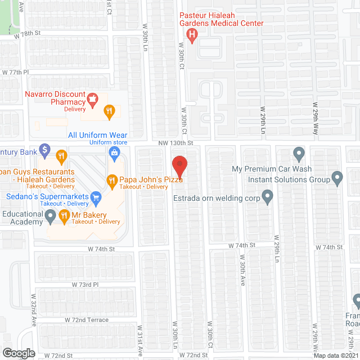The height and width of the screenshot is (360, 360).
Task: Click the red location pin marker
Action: [x=179, y=167]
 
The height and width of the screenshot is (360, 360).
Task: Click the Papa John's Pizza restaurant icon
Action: [x=111, y=180]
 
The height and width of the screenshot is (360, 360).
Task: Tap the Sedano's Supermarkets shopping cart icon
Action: [x=96, y=197]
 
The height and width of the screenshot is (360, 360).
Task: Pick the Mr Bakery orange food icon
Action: [x=64, y=215]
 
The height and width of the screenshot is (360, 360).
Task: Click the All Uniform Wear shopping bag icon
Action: [x=114, y=152]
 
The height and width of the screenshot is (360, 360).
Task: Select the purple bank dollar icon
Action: [x=45, y=151]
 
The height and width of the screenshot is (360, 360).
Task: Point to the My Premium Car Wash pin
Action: [x=299, y=153]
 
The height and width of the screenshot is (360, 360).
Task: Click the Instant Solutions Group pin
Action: [x=337, y=179]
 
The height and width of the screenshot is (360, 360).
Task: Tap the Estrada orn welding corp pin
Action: [x=268, y=197]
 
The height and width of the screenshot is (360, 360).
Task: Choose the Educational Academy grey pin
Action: [x=51, y=215]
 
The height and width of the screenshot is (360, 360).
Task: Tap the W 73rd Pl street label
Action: [x=85, y=285]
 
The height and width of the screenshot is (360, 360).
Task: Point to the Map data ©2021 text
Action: [x=335, y=355]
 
